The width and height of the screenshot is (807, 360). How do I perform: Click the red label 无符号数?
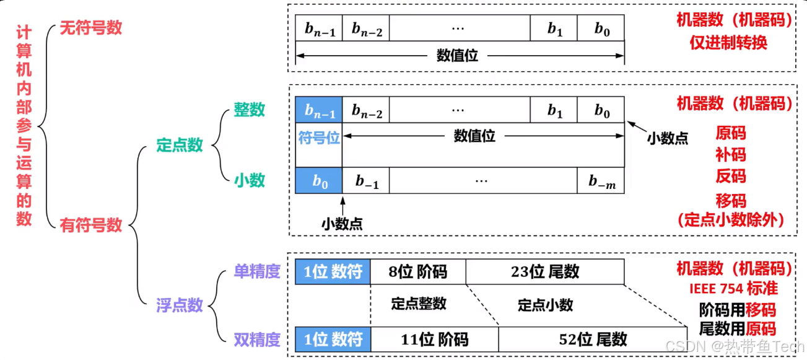click(90, 28)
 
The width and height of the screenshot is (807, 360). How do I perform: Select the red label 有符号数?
click(90, 225)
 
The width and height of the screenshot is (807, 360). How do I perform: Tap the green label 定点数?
click(180, 146)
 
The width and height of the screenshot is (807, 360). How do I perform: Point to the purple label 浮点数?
click(180, 305)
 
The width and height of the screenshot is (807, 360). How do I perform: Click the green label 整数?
click(249, 110)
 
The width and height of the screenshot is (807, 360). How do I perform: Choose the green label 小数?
click(249, 180)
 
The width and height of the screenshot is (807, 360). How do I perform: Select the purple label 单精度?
click(257, 271)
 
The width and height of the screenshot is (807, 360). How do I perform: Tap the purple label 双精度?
click(257, 340)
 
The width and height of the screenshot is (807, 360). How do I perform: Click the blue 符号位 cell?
click(319, 137)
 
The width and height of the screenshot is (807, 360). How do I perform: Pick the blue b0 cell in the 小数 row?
click(319, 181)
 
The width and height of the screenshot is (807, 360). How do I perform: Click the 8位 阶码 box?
click(417, 271)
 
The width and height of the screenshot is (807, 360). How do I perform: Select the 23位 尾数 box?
click(545, 271)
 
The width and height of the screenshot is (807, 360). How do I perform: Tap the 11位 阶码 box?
click(434, 340)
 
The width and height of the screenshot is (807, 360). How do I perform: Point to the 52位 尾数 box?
click(593, 340)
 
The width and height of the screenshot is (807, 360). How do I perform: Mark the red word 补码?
click(731, 155)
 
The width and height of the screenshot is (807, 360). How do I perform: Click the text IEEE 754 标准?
click(733, 289)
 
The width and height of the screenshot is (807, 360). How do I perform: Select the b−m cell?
click(601, 181)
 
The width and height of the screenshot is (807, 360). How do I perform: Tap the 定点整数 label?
click(419, 304)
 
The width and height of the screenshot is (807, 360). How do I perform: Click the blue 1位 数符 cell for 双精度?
click(333, 340)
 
